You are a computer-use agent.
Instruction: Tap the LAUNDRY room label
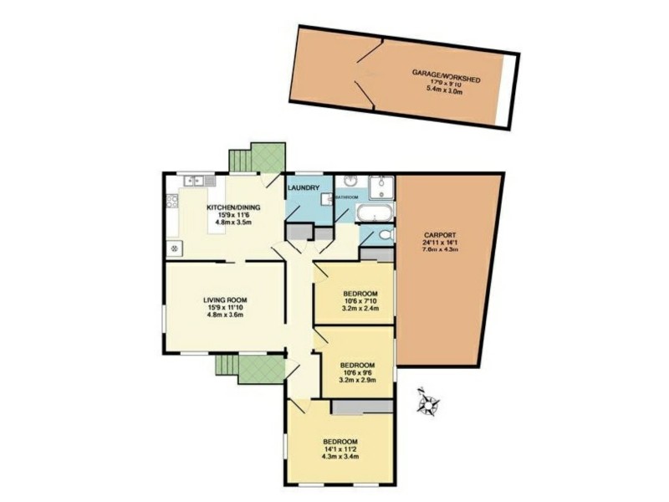(304, 188)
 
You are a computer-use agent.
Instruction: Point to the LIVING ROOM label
(225, 299)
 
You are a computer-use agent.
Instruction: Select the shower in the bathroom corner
(381, 186)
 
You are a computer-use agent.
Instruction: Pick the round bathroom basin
(350, 182)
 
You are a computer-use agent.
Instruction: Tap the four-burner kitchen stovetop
(172, 200)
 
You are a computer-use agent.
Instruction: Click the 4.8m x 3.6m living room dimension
(225, 315)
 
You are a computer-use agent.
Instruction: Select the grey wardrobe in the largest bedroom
(362, 407)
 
